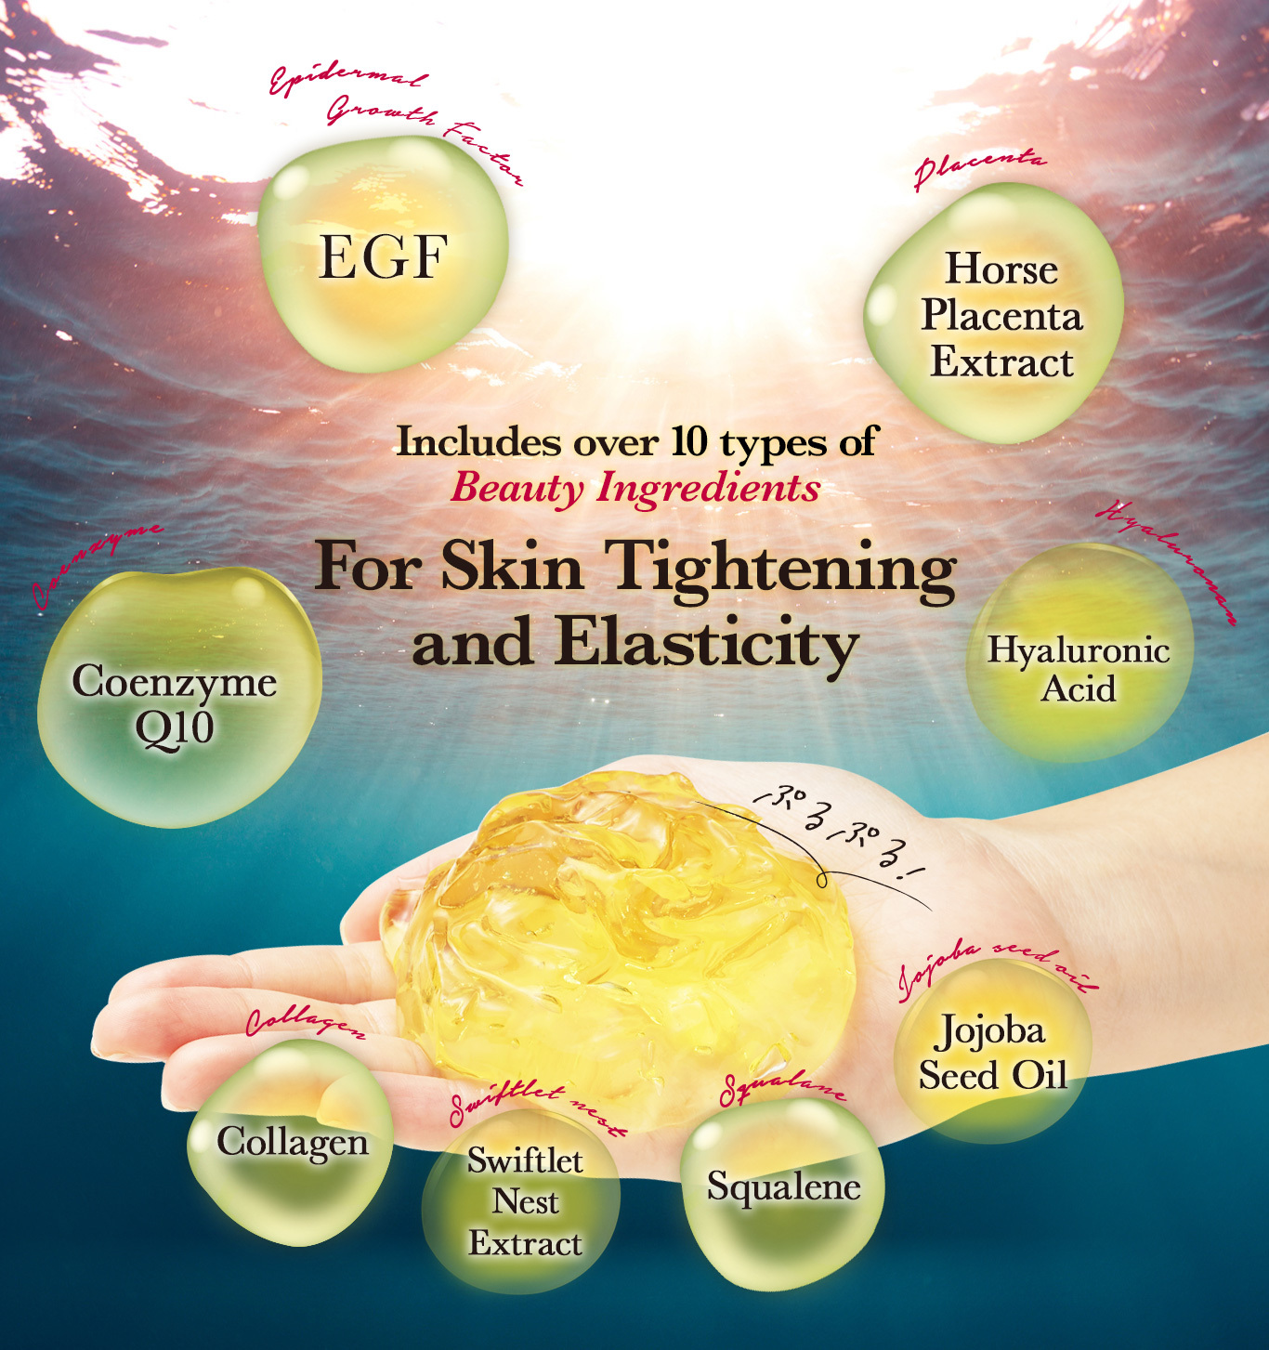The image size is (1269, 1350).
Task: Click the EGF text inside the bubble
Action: click(383, 256)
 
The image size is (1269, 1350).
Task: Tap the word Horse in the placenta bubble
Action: click(1001, 269)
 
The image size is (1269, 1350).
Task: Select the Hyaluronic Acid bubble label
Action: click(1078, 669)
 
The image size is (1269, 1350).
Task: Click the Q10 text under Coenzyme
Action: click(175, 727)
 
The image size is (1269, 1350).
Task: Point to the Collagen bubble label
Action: click(293, 1142)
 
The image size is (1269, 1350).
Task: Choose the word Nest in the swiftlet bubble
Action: click(525, 1201)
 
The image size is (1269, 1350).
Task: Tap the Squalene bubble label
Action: click(783, 1186)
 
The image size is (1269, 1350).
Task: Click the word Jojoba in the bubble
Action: click(990, 1030)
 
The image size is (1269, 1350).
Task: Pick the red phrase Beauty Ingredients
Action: click(635, 488)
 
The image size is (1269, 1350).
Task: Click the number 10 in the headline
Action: click(688, 441)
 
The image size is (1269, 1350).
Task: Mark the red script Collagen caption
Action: click(305, 1023)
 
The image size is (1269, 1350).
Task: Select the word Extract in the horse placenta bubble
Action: click(1001, 362)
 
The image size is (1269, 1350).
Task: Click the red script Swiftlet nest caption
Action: click(537, 1108)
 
